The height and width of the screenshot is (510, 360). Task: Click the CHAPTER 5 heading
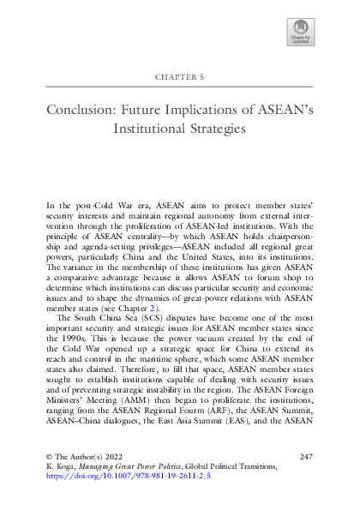pos(180,76)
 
